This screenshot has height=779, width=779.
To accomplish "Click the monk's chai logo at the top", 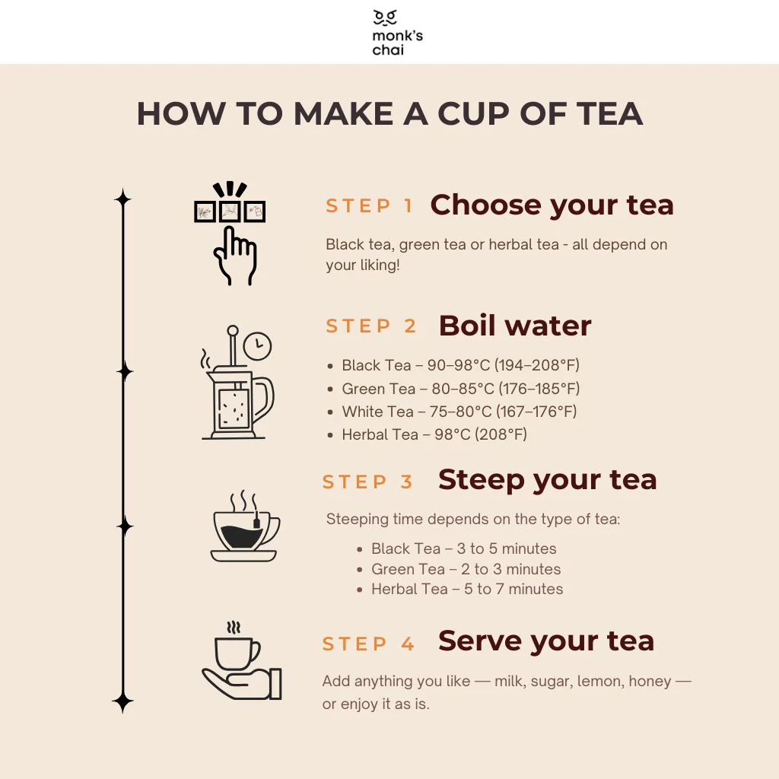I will click(389, 32).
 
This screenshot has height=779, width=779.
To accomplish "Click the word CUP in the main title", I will click(479, 114).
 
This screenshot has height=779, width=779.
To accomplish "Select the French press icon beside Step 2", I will click(235, 392).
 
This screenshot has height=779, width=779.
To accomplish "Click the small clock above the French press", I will click(259, 346).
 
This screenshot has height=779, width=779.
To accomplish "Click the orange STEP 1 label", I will click(370, 206).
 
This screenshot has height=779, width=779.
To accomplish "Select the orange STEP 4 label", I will click(369, 644).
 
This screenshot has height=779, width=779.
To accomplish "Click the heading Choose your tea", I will click(552, 205).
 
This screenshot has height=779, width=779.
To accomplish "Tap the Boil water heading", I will click(515, 326).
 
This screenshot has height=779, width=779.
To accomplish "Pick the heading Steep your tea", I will click(547, 480).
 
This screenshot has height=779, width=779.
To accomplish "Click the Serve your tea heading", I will click(545, 641).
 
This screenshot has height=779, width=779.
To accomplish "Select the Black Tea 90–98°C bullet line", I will click(460, 366).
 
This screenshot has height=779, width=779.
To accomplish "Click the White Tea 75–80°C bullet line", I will click(459, 412).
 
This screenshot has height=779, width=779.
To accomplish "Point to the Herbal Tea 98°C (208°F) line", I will click(434, 434).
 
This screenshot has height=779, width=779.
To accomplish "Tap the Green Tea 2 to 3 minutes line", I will click(466, 569).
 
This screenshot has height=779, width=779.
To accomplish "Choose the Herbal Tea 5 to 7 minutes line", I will click(467, 589).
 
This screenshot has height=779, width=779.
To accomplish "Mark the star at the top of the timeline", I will click(122, 199).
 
